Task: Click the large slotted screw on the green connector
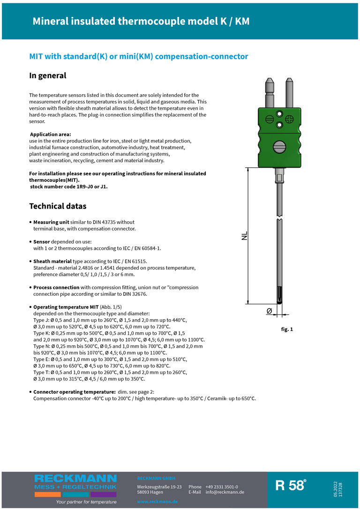click(x=279, y=146)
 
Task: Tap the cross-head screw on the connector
click(x=279, y=113)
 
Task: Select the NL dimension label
click(x=244, y=236)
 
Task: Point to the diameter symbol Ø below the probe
click(x=269, y=311)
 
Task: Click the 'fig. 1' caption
click(x=287, y=329)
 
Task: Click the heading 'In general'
click(x=48, y=75)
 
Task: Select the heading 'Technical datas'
click(x=58, y=206)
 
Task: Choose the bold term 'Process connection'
click(x=56, y=287)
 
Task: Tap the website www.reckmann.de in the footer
click(x=157, y=502)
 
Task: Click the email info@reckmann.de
click(x=225, y=492)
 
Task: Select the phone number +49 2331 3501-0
click(x=222, y=487)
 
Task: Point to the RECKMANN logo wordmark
click(x=75, y=479)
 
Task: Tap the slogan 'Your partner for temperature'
click(x=86, y=502)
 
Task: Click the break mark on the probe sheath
click(x=279, y=218)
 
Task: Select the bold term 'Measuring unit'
click(x=51, y=222)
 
